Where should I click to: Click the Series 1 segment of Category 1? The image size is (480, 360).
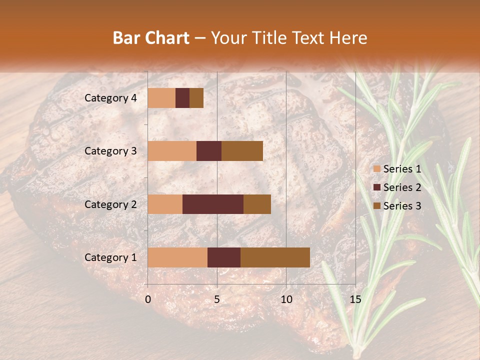177,257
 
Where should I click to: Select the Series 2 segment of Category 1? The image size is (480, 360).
224,257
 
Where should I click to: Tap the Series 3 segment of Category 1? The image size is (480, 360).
275,257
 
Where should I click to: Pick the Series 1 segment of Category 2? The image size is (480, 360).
165,204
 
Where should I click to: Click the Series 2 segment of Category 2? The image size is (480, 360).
213,204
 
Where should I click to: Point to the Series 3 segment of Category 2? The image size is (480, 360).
257,204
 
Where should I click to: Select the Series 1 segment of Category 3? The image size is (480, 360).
172,151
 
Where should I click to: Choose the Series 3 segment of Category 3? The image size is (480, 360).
242,151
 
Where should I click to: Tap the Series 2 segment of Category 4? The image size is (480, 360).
182,98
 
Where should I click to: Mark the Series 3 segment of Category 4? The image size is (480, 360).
196,98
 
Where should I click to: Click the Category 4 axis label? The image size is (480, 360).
110,98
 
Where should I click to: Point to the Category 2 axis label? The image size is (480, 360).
110,204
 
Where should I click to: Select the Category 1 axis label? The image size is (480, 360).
110,257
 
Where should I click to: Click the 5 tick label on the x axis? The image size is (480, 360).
217,299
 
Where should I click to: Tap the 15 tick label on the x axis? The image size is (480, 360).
355,299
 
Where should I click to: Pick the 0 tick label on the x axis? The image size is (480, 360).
148,299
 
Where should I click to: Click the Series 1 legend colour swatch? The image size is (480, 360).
376,169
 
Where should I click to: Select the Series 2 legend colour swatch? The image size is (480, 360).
376,187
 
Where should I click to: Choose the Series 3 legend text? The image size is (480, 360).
402,206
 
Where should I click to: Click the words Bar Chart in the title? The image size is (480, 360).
150,38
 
